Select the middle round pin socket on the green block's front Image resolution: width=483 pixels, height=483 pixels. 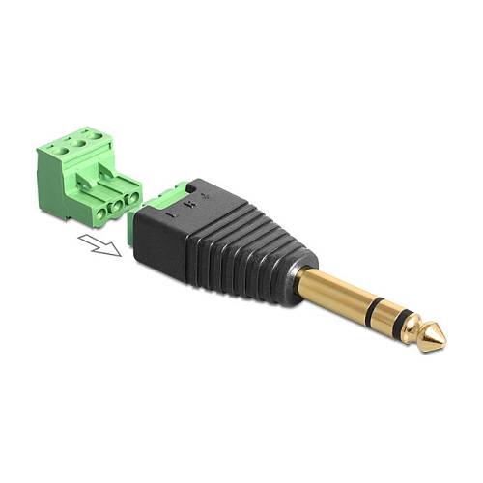click(117, 205)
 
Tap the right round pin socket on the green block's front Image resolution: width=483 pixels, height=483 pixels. click(132, 199)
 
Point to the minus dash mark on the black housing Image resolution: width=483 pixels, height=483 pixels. click(170, 214)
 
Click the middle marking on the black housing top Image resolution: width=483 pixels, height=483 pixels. click(190, 204)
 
